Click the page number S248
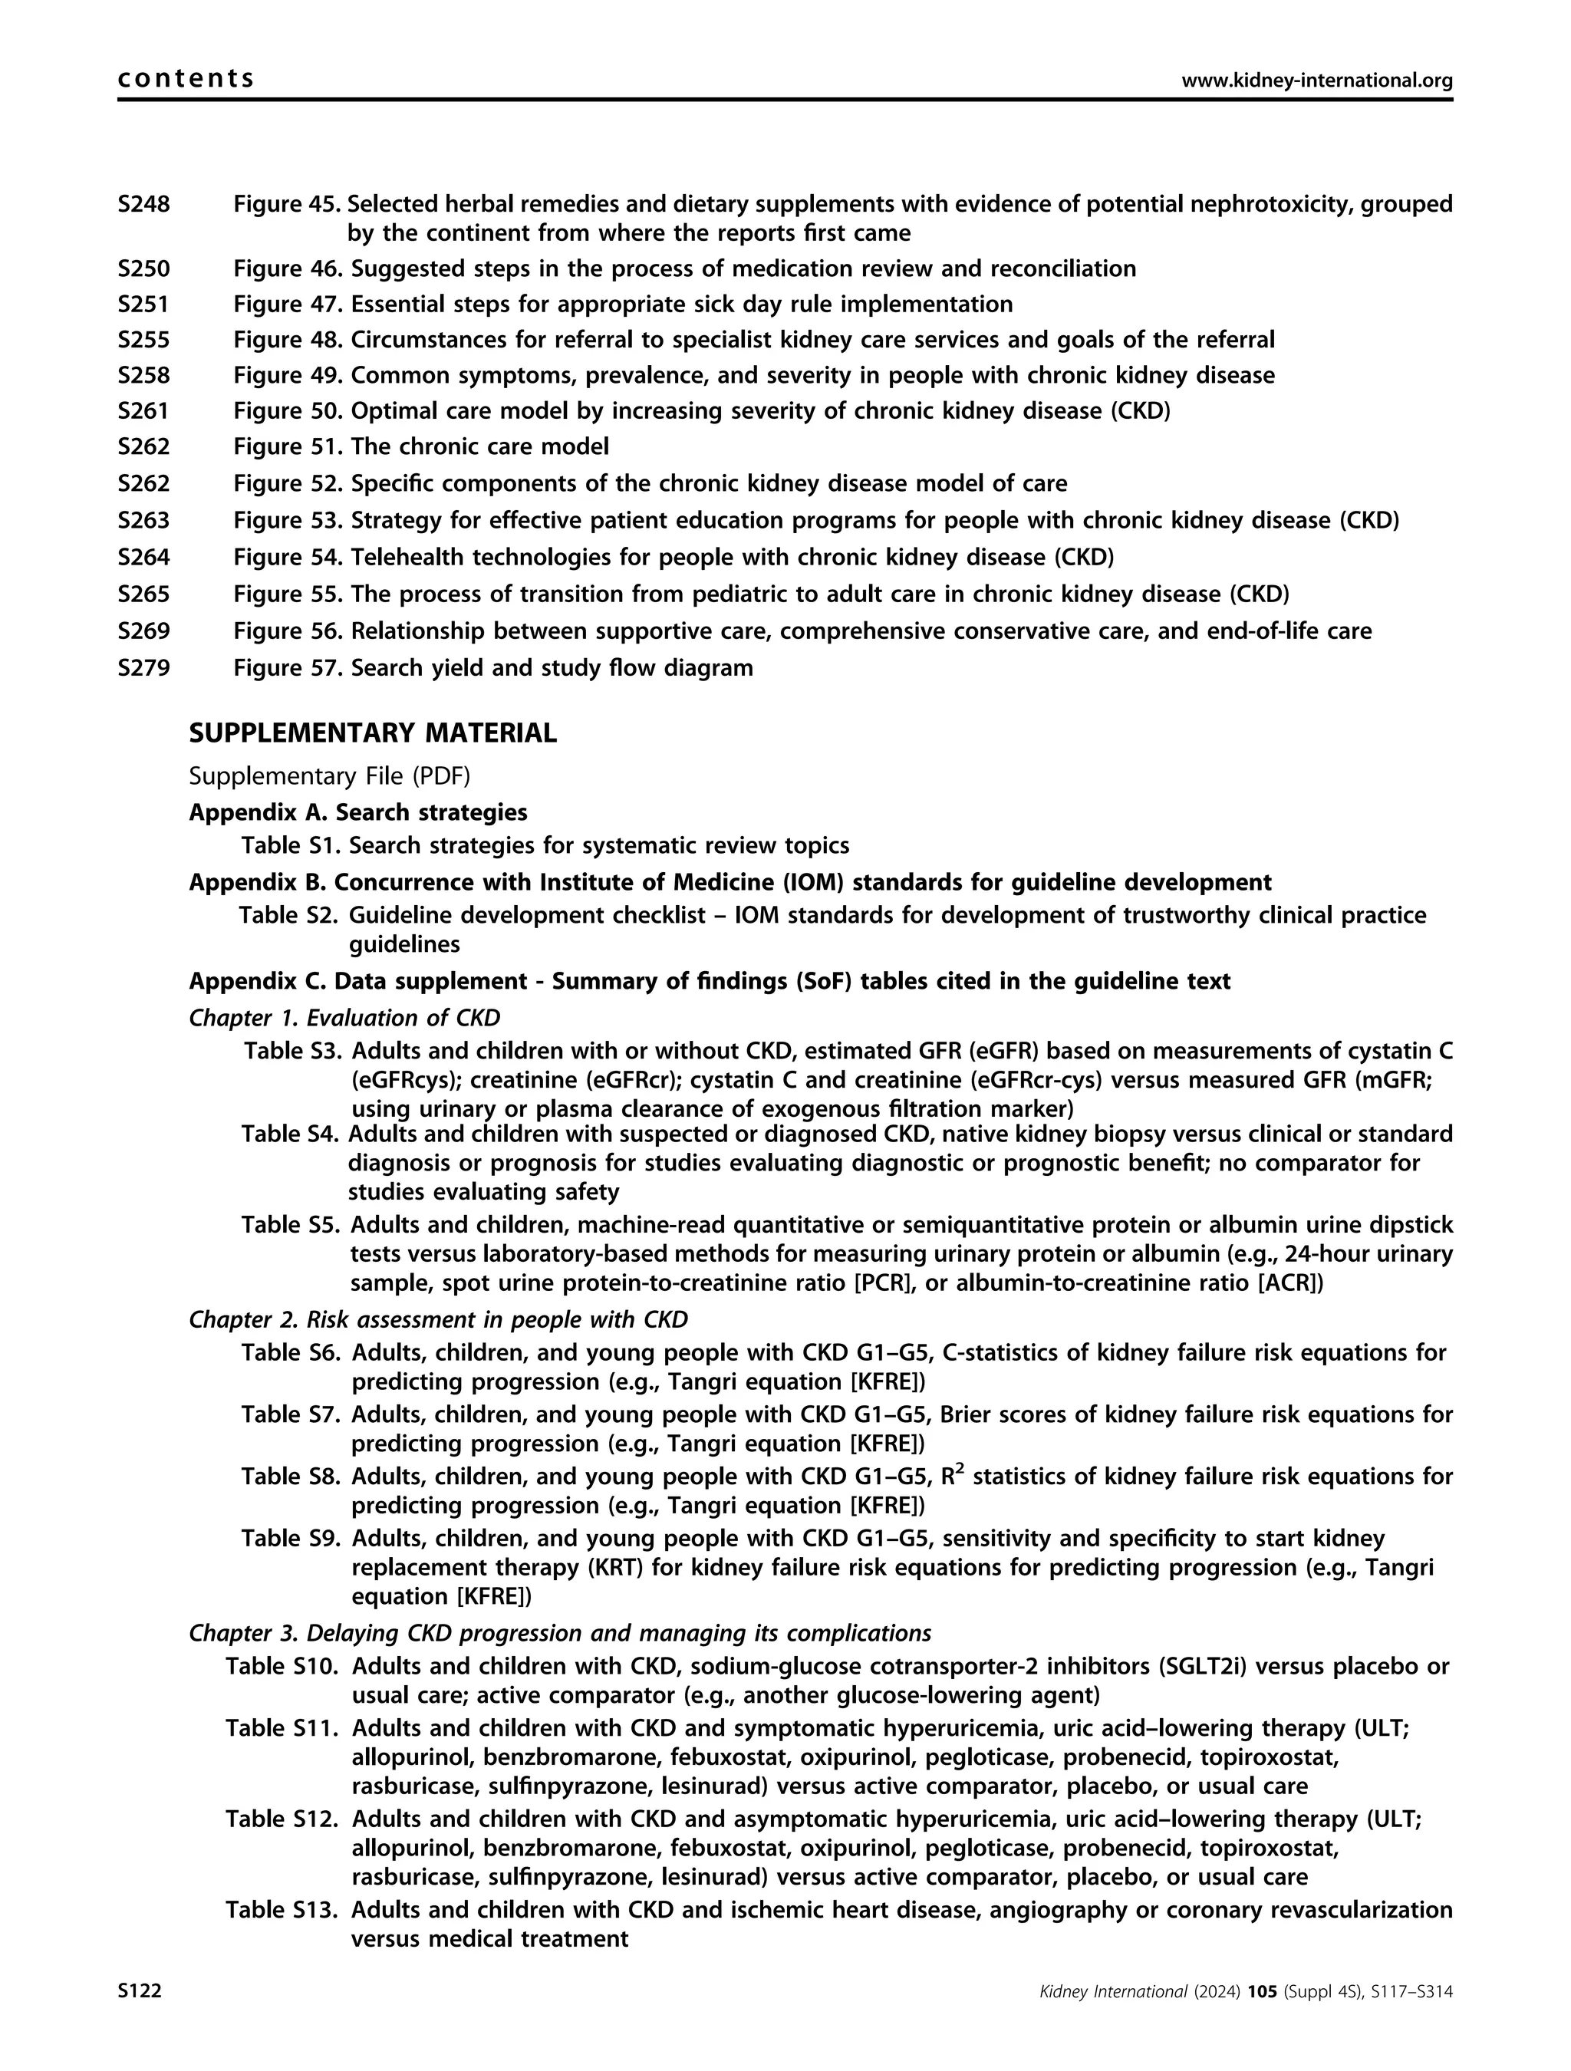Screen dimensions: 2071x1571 coord(143,204)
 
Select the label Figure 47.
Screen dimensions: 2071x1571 coord(288,305)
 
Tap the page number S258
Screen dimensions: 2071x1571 coord(143,375)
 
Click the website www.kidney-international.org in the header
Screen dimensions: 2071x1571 coord(1316,81)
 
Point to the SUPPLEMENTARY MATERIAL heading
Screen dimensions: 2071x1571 coord(373,733)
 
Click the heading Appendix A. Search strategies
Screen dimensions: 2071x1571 coord(357,812)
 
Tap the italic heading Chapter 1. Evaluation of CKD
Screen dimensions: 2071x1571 coord(344,1018)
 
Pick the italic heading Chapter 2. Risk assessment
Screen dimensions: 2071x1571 coord(438,1319)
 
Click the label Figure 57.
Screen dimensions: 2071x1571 coord(288,669)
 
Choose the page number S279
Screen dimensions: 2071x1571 coord(143,669)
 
